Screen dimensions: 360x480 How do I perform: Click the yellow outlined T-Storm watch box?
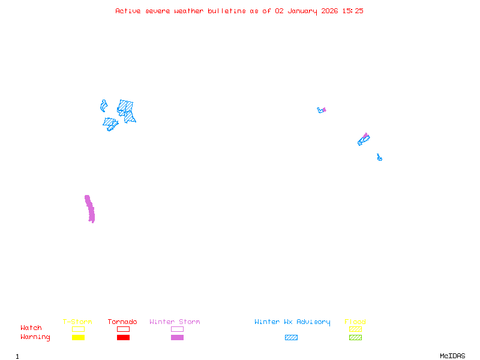tap(78, 329)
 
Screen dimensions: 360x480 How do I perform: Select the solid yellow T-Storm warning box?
tap(78, 338)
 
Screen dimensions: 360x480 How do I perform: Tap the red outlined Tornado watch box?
tap(123, 329)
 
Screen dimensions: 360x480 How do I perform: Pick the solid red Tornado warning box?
tap(123, 338)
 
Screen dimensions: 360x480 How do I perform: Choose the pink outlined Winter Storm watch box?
tap(177, 329)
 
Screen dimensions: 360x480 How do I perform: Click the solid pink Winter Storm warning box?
tap(177, 338)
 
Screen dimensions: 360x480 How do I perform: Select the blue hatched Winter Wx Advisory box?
tap(291, 338)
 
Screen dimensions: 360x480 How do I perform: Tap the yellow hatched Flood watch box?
tap(355, 329)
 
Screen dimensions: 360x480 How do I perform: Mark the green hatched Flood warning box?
tap(355, 338)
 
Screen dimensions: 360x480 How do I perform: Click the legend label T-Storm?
tap(77, 322)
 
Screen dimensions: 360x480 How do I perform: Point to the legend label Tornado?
tap(122, 322)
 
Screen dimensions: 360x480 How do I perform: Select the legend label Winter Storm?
tap(175, 322)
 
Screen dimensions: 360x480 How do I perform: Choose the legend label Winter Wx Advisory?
tap(292, 322)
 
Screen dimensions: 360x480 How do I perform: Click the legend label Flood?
tap(355, 322)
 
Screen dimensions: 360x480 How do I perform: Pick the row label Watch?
tap(31, 328)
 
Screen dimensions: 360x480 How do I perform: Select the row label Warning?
tap(35, 337)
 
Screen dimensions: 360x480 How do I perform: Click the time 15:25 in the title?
tap(353, 11)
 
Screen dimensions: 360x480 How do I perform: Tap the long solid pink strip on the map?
tap(90, 209)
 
